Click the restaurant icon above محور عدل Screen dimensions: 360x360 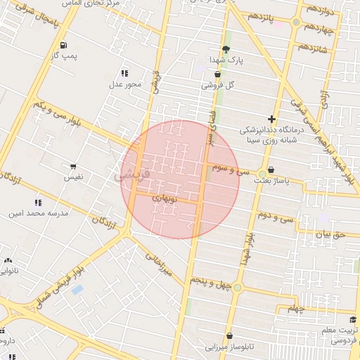tap(124, 73)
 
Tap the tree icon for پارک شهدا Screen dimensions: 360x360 tap(225, 49)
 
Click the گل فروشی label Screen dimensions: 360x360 tap(217, 85)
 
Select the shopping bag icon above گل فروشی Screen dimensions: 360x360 tap(217, 74)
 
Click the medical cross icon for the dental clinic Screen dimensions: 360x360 tap(271, 119)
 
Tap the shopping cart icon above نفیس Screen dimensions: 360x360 tap(73, 167)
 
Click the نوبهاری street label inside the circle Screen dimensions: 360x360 tap(168, 199)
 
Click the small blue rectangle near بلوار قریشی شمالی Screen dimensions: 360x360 tap(77, 289)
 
